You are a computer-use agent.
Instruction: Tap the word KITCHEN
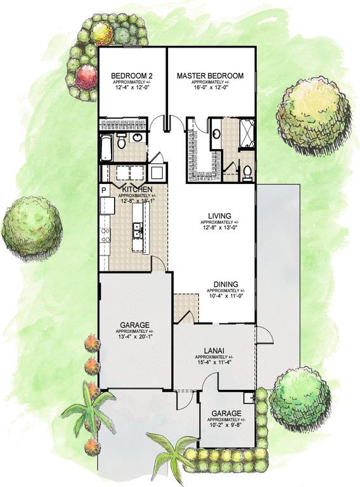click(136, 190)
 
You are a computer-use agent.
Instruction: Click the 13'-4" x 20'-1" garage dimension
click(134, 337)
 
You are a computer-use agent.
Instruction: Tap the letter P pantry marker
click(103, 190)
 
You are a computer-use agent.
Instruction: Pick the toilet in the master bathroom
click(248, 171)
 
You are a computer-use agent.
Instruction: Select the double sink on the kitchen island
click(136, 231)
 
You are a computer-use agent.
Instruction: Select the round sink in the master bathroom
click(216, 134)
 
